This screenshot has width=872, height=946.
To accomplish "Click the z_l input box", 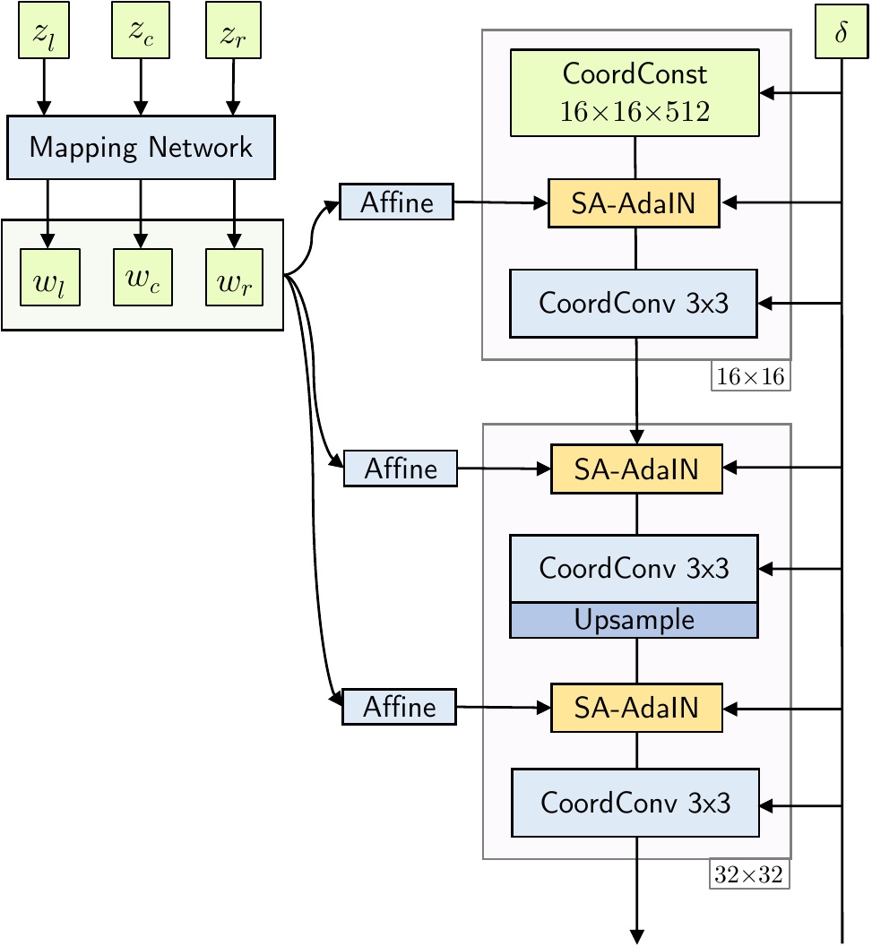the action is (44, 30).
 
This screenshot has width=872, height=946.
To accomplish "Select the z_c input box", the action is (141, 30).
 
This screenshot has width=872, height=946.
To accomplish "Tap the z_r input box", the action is (234, 30).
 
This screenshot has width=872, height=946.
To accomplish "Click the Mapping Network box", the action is (142, 148).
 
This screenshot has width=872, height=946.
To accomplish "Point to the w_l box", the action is (50, 278).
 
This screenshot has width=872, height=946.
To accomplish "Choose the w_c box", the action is (143, 278).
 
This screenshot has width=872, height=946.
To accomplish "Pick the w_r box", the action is (234, 278).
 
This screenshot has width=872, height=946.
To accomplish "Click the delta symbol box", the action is (842, 31).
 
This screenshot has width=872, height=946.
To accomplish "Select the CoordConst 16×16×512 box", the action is (635, 93).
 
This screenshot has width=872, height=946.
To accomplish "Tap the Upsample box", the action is (635, 620).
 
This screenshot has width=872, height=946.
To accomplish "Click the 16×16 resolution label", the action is (751, 376).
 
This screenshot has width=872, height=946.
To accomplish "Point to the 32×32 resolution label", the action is (749, 874).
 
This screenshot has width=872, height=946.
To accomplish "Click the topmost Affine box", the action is (396, 202).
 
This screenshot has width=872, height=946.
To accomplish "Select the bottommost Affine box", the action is (400, 707).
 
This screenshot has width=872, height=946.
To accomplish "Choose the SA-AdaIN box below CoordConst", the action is (634, 203).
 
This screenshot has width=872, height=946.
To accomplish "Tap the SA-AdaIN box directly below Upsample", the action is (636, 708).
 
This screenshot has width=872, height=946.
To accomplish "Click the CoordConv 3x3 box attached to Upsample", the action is (635, 568).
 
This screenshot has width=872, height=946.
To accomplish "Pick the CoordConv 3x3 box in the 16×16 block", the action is (634, 304).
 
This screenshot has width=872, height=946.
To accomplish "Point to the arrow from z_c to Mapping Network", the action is (141, 87).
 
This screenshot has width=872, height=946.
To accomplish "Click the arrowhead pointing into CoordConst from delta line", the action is (766, 93).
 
